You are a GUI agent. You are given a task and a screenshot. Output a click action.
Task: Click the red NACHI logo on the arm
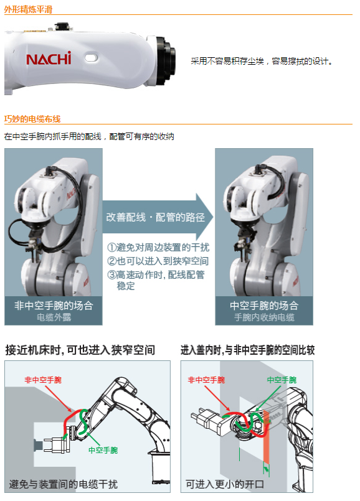point(49,59)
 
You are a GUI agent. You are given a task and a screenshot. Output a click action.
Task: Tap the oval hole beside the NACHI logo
point(92,57)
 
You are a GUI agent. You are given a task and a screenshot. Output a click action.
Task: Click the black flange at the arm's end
point(166,60)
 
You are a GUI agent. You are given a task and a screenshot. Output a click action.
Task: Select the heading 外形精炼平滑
point(28,9)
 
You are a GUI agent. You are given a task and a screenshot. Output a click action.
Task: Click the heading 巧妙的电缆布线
point(32,119)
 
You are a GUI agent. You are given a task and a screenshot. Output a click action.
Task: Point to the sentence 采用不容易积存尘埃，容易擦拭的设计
point(261,61)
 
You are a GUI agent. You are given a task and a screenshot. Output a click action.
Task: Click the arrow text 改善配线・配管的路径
point(155,217)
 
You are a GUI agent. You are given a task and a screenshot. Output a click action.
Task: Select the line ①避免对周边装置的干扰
point(158,247)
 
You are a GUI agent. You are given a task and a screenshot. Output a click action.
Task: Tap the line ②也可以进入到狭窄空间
point(158,261)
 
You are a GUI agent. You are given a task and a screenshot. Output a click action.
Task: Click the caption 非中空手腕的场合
point(54,306)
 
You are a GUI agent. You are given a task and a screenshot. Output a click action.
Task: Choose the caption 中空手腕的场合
point(264,306)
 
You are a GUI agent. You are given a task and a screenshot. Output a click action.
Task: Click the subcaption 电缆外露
point(54,317)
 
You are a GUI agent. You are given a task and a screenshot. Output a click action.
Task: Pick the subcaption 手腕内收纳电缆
point(264,317)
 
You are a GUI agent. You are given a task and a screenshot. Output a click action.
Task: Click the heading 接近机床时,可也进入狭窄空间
point(80,350)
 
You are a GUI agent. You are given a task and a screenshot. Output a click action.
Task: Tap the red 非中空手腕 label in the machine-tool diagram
point(43,380)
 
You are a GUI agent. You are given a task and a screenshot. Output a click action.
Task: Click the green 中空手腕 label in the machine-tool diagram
point(103,450)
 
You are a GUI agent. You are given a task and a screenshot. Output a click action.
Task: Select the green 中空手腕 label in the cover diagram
point(282,380)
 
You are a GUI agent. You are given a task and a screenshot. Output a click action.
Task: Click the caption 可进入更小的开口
point(225,484)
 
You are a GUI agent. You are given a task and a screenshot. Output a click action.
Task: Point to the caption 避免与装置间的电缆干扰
point(64,484)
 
